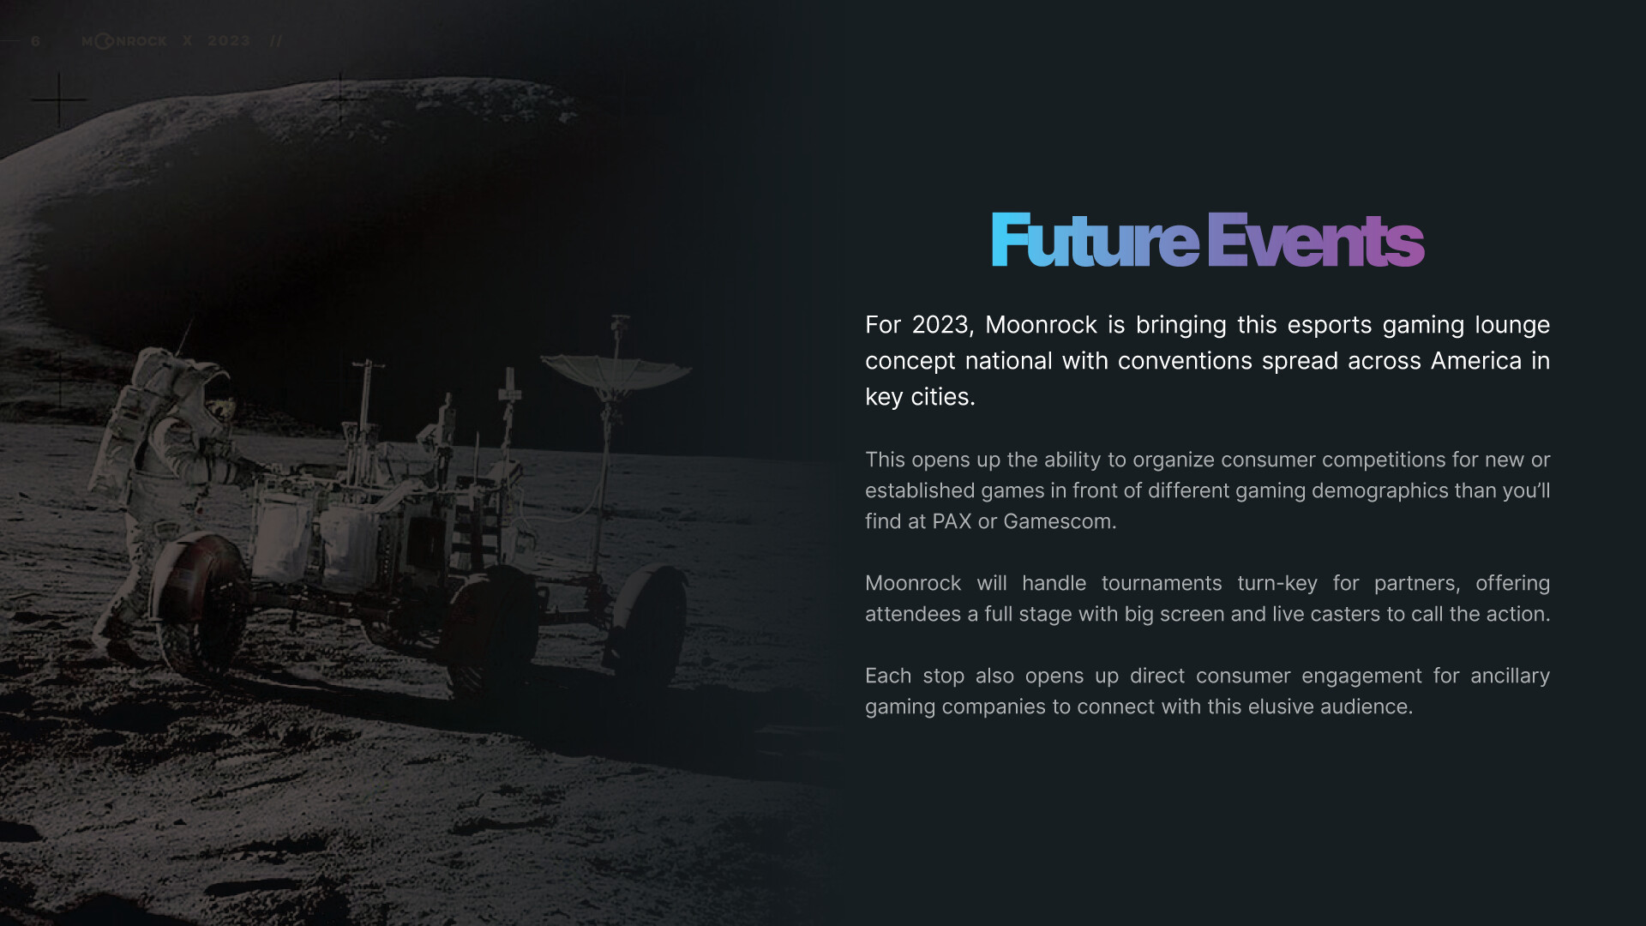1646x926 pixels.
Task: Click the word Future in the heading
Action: pos(1095,241)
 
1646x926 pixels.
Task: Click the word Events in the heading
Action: pos(1316,241)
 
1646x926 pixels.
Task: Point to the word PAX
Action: pos(952,521)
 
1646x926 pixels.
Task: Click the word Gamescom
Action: pos(1060,521)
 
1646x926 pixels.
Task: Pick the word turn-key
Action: pos(1277,583)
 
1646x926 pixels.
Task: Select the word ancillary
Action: pos(1510,676)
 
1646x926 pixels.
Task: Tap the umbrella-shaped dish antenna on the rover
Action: pos(616,372)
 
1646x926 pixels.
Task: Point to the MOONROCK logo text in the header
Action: pos(124,41)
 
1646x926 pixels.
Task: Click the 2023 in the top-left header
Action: pos(228,41)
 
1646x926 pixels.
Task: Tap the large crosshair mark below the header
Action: pos(59,100)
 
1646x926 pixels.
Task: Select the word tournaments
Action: pos(1162,583)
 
